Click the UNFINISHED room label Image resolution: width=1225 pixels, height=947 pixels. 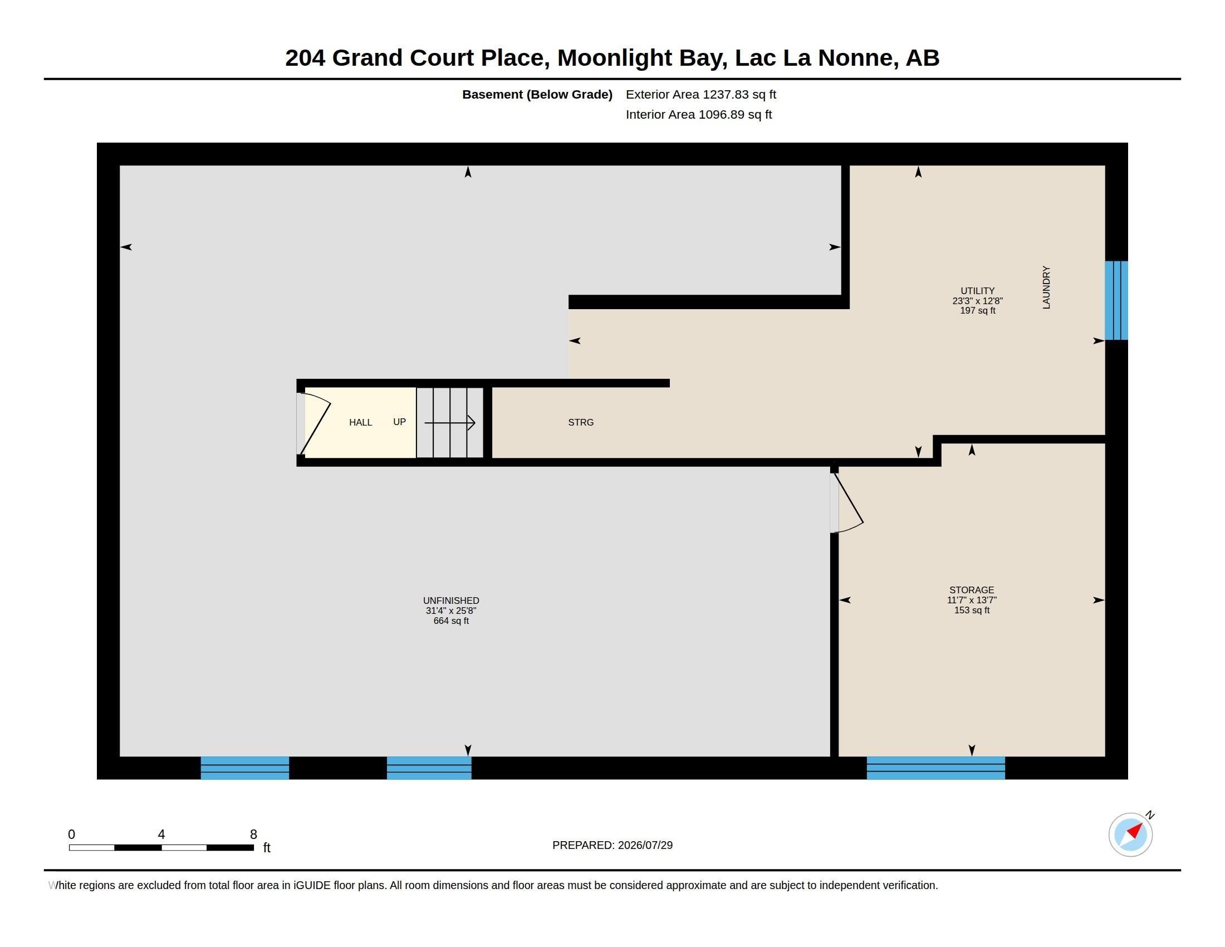click(x=451, y=601)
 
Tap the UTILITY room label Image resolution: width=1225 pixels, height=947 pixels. click(x=977, y=291)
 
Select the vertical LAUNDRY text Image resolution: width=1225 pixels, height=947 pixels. click(x=1046, y=287)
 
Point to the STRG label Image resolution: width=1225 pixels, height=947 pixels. click(x=581, y=422)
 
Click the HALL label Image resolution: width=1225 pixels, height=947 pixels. click(x=360, y=422)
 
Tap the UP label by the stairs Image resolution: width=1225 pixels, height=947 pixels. click(x=399, y=422)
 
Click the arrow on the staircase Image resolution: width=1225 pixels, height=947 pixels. click(x=450, y=422)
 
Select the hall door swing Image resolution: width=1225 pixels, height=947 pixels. click(x=315, y=423)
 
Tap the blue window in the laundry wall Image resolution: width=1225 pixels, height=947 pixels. click(x=1116, y=300)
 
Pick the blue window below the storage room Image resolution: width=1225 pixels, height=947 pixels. click(x=935, y=768)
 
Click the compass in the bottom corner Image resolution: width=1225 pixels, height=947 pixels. click(x=1131, y=834)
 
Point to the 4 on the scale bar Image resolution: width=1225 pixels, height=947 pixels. click(x=161, y=834)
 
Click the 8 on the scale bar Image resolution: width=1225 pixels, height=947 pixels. click(x=253, y=834)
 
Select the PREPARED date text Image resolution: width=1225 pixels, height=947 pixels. click(x=612, y=845)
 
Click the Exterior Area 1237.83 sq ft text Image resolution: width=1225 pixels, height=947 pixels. click(x=701, y=94)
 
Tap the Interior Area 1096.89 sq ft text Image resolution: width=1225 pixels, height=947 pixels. click(x=699, y=114)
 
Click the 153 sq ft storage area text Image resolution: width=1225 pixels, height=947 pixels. click(x=972, y=610)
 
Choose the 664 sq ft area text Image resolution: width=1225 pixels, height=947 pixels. click(x=451, y=621)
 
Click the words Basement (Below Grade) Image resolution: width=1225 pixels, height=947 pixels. click(x=537, y=94)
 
